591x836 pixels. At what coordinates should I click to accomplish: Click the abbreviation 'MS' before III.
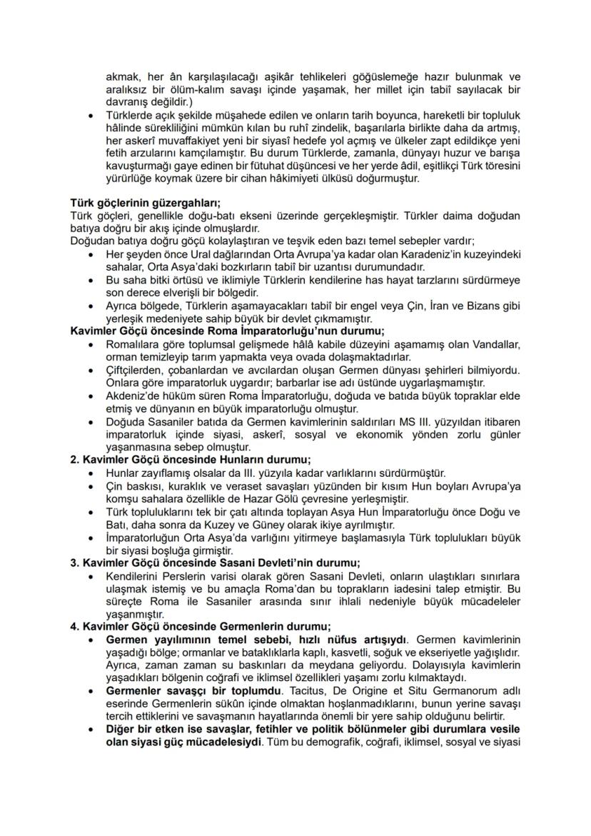coord(386,422)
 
